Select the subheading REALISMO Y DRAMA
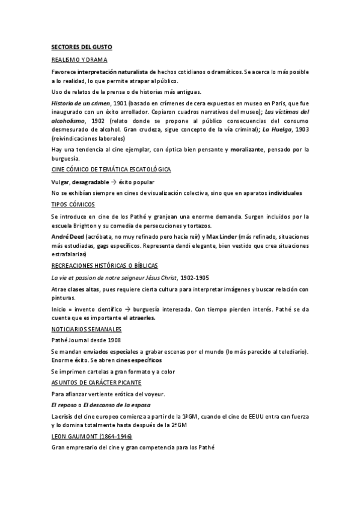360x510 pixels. (x=79, y=60)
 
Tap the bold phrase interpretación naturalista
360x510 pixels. (x=113, y=72)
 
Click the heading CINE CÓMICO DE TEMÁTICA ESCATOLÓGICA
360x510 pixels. (x=111, y=170)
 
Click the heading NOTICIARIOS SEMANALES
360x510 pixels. (x=87, y=330)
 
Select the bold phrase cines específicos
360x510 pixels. (x=138, y=360)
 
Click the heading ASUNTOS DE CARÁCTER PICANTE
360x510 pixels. (x=96, y=382)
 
